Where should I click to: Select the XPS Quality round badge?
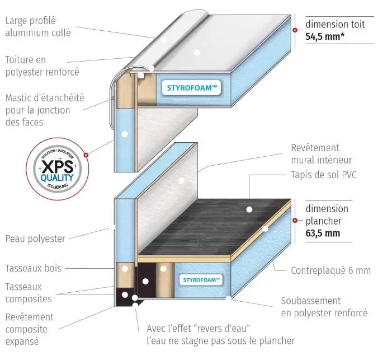tap(58, 167)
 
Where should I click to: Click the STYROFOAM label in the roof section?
tap(192, 88)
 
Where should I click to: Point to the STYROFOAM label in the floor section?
tap(203, 279)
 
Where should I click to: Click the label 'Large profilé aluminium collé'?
tap(37, 26)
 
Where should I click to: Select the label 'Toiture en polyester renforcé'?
tap(42, 66)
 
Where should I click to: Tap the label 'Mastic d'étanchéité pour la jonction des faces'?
tap(45, 109)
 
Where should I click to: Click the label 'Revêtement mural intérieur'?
tap(315, 154)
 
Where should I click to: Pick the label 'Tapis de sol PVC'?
tap(324, 175)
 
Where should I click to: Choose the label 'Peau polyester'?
tap(35, 239)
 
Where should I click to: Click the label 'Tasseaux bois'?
tap(33, 268)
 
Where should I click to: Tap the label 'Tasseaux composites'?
tap(28, 292)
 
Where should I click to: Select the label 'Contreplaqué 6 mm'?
tap(330, 270)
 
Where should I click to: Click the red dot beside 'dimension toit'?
tap(295, 31)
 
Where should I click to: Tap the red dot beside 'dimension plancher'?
tap(295, 221)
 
